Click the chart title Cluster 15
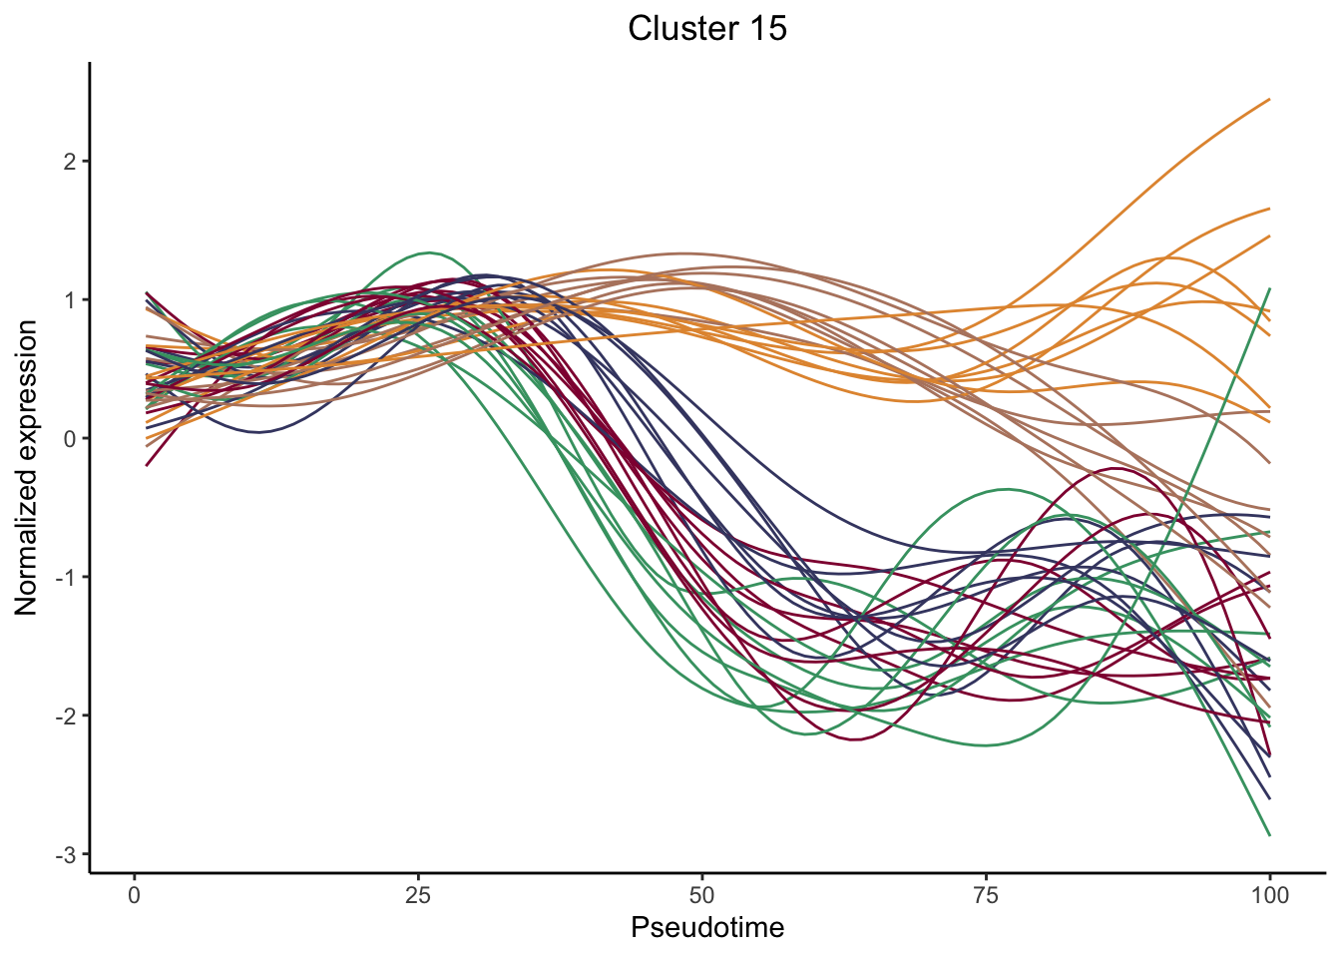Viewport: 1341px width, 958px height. [707, 28]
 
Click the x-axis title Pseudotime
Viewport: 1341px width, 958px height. [707, 928]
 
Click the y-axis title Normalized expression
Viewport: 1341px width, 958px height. [27, 467]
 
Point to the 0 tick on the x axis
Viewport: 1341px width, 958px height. [135, 895]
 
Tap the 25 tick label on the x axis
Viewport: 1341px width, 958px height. [418, 895]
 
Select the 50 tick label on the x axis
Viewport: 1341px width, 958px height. [702, 895]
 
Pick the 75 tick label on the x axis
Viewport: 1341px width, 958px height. [986, 895]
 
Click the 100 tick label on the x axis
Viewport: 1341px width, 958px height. [1269, 895]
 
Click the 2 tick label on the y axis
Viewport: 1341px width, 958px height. [69, 162]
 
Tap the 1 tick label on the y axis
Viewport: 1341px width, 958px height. [69, 300]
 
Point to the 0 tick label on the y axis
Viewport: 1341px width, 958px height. [69, 439]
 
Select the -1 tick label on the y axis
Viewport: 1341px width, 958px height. [66, 578]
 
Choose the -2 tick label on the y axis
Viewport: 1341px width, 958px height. [66, 717]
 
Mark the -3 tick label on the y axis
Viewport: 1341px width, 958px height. [66, 855]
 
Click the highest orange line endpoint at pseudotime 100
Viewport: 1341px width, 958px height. [1269, 99]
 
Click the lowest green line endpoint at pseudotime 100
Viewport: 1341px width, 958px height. [1269, 835]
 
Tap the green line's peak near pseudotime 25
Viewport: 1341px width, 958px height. [428, 252]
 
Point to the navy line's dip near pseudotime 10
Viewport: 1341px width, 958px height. [257, 432]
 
